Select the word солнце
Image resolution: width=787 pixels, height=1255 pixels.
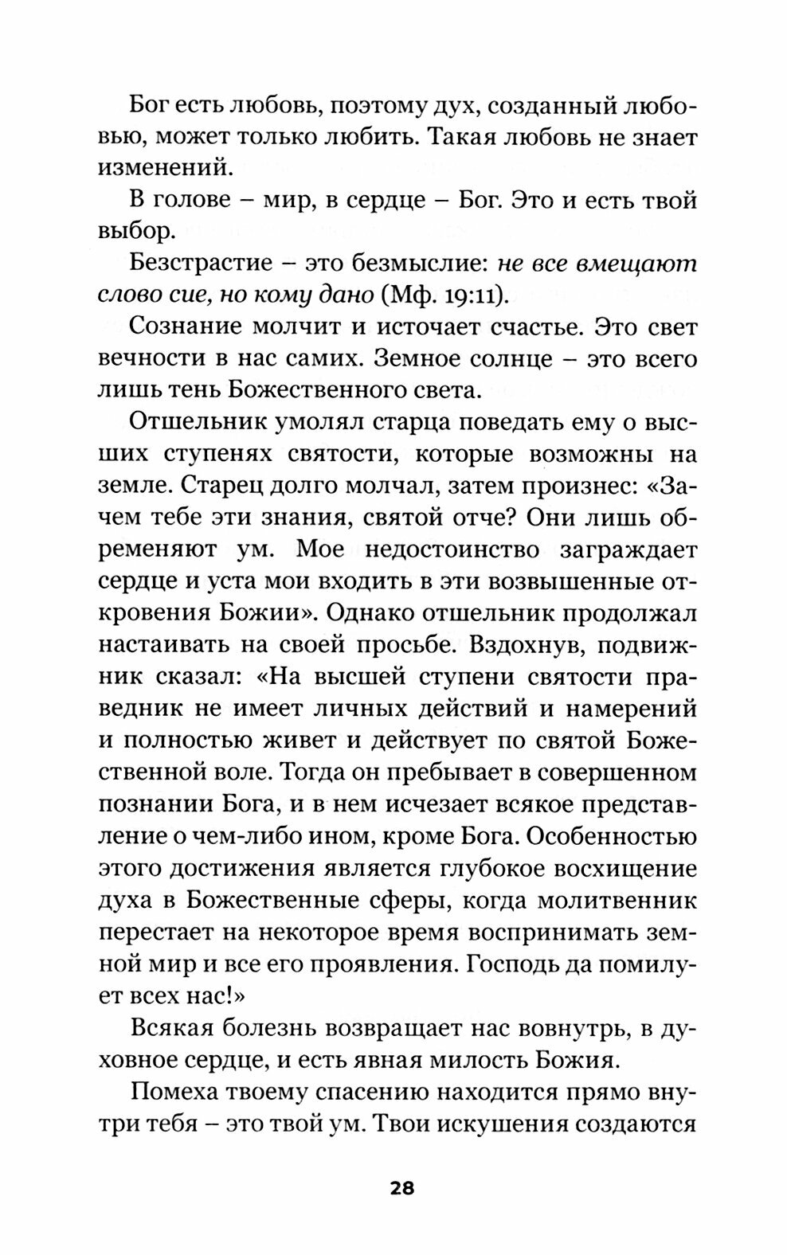coord(496,359)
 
